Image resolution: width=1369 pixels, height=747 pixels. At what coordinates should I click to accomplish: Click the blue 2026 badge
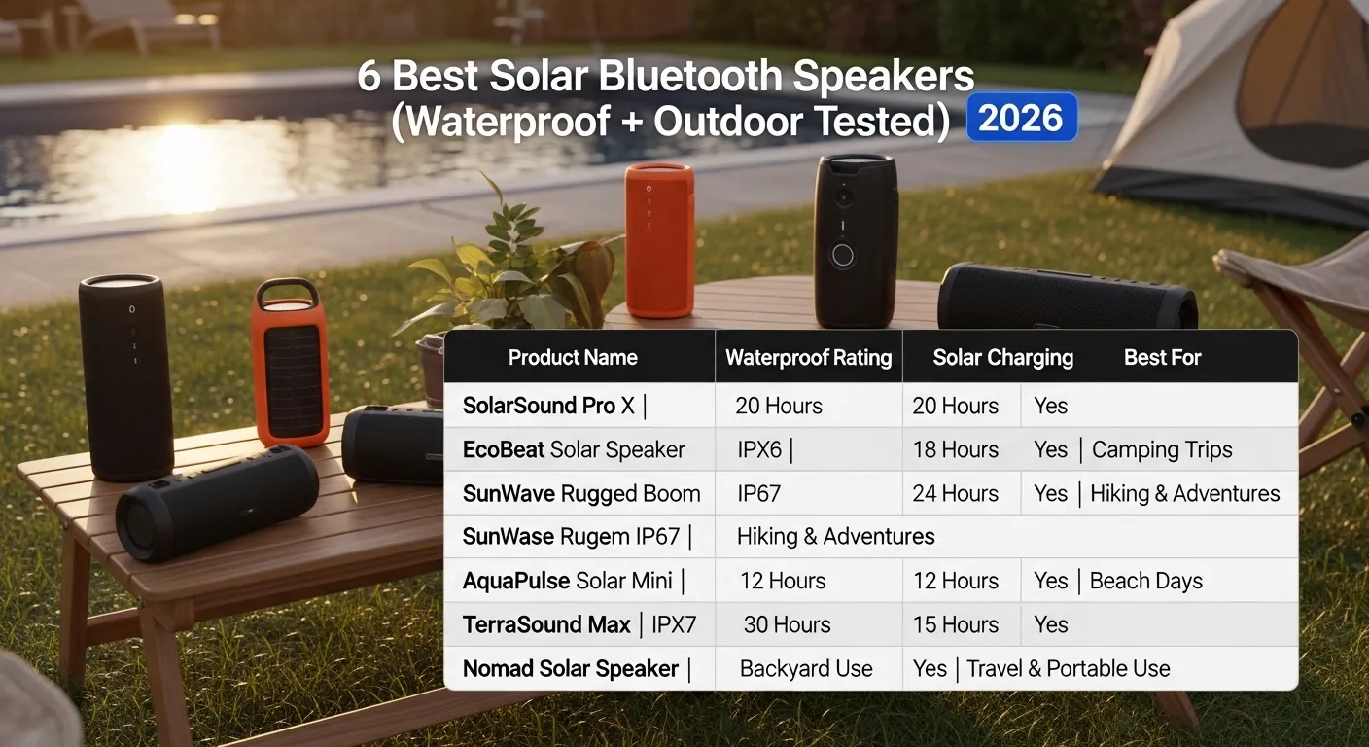(x=1021, y=118)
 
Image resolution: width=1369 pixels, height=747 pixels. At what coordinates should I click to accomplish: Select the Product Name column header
(x=573, y=357)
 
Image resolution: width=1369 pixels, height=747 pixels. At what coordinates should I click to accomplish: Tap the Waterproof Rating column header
(x=808, y=357)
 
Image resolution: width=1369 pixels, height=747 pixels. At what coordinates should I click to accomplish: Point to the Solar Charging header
(x=1002, y=357)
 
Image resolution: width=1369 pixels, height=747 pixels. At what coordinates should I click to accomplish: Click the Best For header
(x=1162, y=357)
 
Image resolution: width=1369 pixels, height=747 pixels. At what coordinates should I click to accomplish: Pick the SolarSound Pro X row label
(x=548, y=406)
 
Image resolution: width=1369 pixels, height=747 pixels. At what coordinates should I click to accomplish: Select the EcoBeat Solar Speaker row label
(x=574, y=449)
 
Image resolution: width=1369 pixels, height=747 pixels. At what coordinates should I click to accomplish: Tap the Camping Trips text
(x=1162, y=449)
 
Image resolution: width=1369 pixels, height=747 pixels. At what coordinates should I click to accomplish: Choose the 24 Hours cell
(x=955, y=493)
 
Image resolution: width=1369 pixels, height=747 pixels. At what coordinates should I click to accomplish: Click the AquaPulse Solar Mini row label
(x=568, y=581)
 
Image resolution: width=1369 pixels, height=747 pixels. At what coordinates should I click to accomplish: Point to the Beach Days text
(x=1145, y=581)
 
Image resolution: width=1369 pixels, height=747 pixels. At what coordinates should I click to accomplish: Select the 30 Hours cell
(x=787, y=624)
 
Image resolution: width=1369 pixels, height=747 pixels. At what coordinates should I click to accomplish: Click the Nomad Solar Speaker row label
(x=571, y=668)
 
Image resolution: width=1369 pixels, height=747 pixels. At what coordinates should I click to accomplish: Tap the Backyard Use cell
(x=806, y=668)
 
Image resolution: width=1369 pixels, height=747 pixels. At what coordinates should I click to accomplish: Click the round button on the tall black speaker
(x=843, y=256)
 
